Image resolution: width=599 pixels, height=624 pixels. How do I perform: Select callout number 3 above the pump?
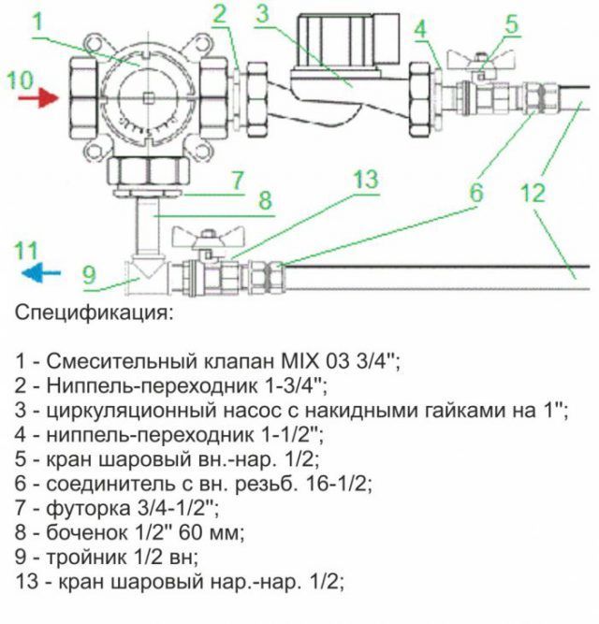pos(262,13)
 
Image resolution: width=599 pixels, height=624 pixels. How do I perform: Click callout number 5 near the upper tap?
pos(511,22)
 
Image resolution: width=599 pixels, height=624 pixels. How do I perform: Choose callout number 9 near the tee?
pos(89,274)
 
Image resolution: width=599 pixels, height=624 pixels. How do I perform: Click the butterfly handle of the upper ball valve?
pos(478,61)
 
